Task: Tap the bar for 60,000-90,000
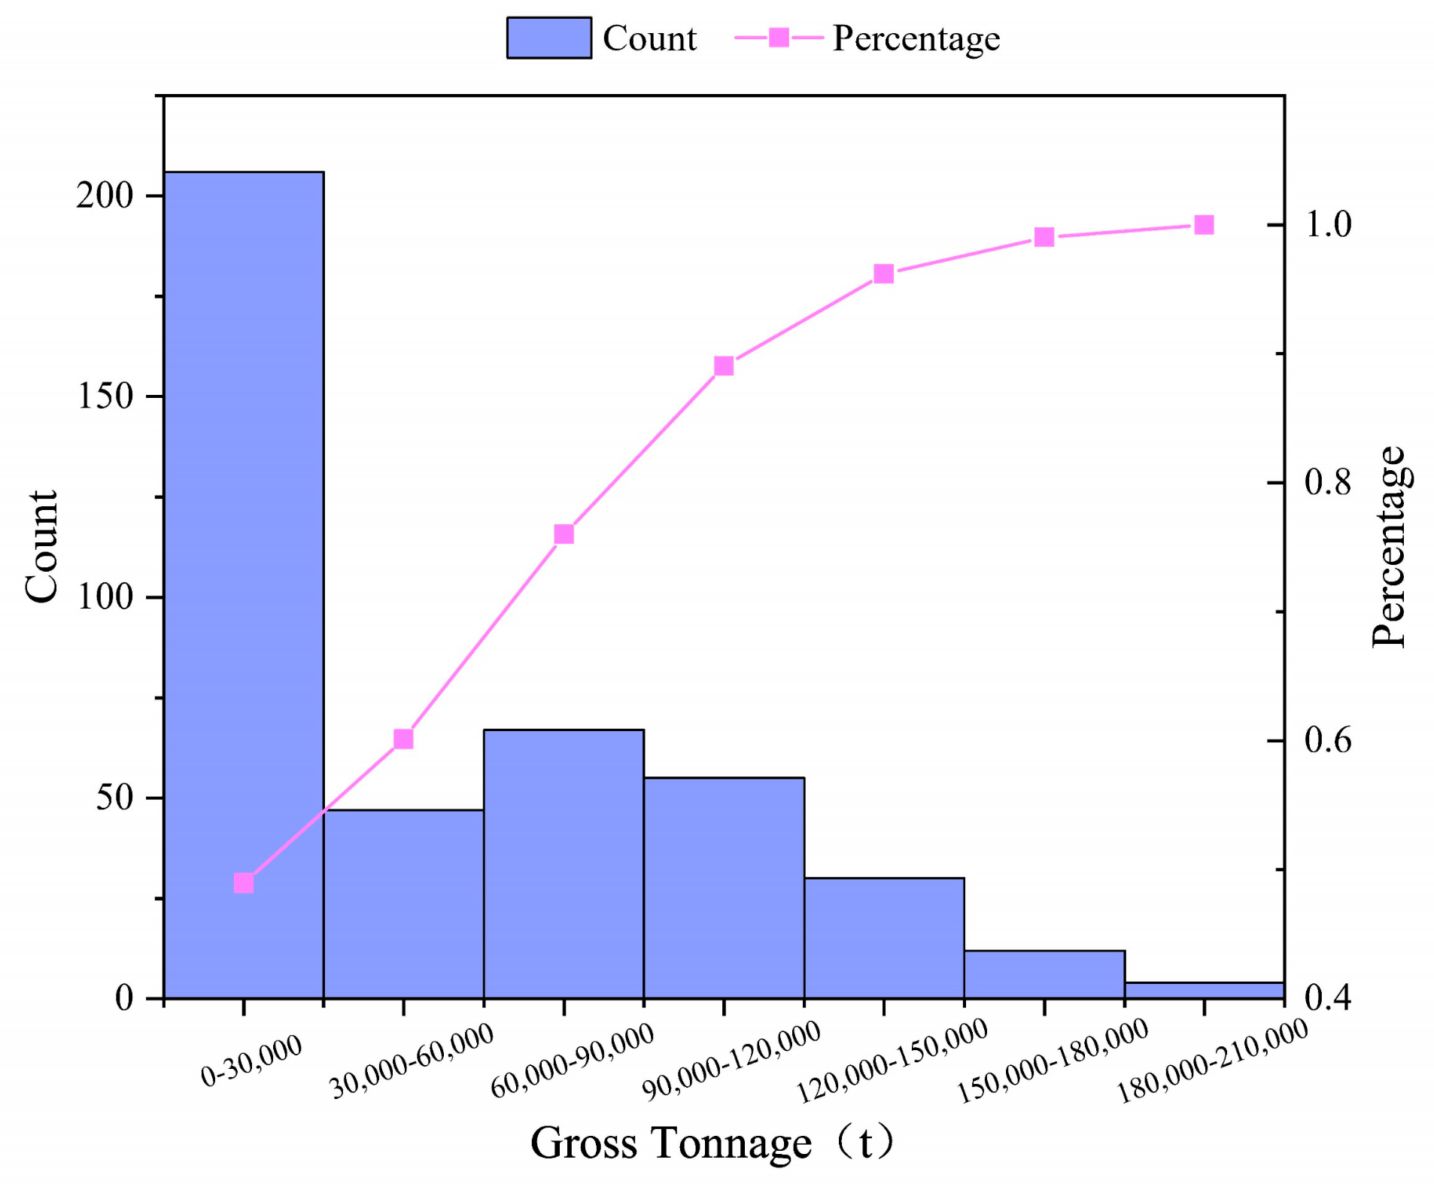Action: (564, 865)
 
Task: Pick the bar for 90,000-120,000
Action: (724, 888)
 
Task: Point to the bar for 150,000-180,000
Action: (1044, 975)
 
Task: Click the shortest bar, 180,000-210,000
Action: (1204, 991)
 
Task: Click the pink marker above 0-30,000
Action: (244, 882)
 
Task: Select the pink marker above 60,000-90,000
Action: (564, 534)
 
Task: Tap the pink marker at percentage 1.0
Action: (1204, 225)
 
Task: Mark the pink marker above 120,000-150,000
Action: (884, 274)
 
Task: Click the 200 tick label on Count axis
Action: (105, 196)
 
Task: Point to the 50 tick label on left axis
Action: (114, 797)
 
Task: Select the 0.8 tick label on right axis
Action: (1328, 482)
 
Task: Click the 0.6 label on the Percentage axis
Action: (1328, 741)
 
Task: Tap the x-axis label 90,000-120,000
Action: (731, 1060)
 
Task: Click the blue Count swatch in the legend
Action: (548, 38)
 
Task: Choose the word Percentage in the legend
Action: (916, 38)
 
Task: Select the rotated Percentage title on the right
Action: (1388, 546)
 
